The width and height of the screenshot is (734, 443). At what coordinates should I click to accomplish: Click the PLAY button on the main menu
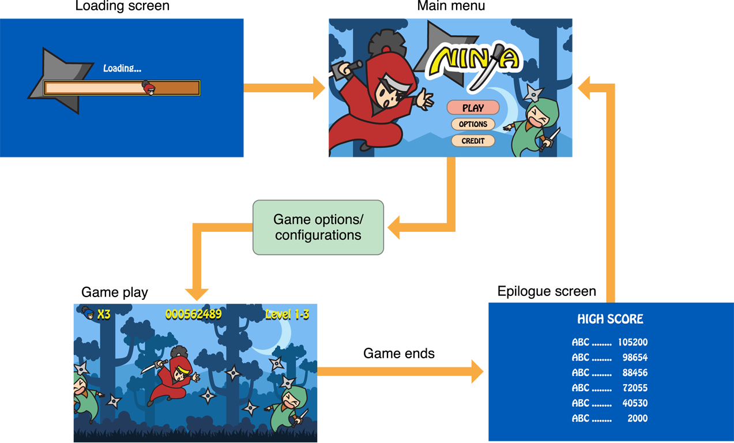click(473, 108)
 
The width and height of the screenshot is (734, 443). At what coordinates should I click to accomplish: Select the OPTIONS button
click(473, 124)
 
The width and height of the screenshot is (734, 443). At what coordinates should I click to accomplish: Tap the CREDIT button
click(473, 141)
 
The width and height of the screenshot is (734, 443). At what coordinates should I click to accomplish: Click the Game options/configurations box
click(318, 227)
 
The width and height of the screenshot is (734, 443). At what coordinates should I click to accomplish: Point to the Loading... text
click(122, 68)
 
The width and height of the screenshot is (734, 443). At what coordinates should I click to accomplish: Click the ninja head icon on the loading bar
click(149, 88)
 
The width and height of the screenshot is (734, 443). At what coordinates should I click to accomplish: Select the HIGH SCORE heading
click(610, 319)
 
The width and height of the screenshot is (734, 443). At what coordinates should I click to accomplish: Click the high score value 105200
click(633, 342)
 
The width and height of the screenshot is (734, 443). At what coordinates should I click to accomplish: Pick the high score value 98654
click(635, 358)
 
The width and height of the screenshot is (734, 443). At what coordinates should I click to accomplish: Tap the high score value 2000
click(637, 418)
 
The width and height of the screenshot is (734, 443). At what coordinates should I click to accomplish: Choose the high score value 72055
click(635, 388)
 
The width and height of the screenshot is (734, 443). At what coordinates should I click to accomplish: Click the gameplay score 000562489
click(193, 314)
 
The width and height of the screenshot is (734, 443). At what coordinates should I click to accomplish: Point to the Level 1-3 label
click(287, 314)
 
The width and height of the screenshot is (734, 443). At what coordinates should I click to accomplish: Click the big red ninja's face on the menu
click(387, 92)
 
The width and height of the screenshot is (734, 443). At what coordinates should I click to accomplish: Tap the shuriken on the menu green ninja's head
click(533, 92)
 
